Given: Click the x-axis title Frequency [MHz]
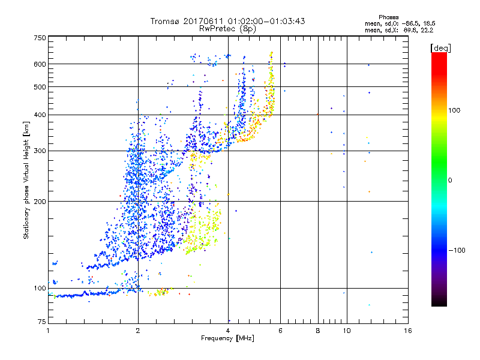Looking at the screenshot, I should [227, 339].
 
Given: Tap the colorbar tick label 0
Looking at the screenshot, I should [451, 180].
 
